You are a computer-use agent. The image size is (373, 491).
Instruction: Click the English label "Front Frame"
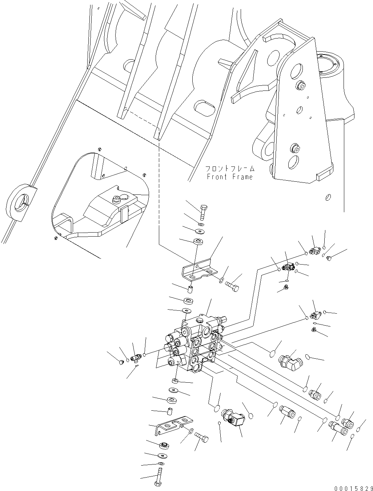229,177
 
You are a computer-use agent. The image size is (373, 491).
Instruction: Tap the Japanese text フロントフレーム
229,169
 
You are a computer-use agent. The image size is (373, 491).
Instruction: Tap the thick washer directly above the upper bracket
198,241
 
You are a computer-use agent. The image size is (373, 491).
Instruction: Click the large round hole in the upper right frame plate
297,71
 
